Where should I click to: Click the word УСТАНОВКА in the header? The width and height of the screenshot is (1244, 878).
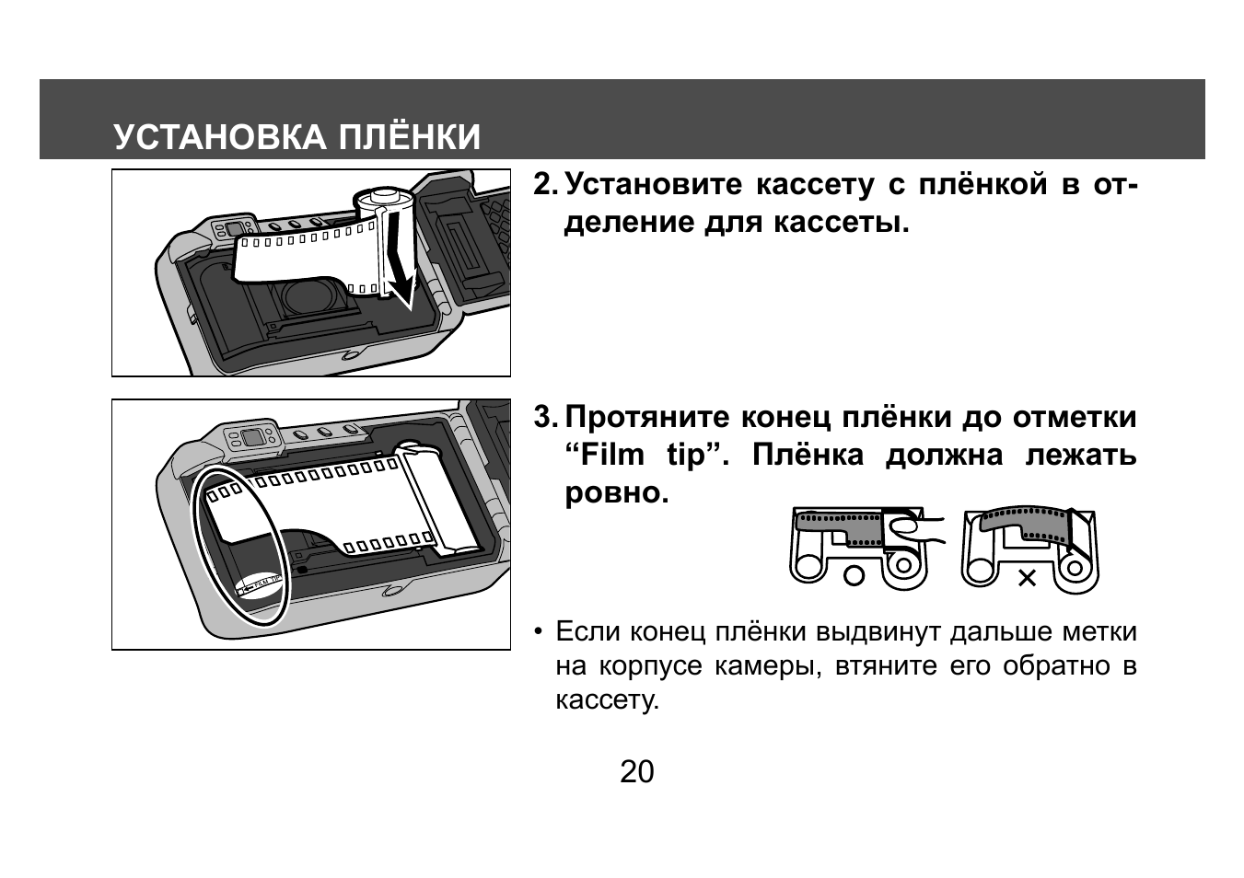[x=220, y=137]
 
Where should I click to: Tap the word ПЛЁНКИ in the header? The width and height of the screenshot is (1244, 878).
[x=409, y=137]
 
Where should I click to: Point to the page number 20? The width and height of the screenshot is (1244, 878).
[x=636, y=772]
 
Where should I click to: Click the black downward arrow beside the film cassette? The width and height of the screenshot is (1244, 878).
[x=398, y=258]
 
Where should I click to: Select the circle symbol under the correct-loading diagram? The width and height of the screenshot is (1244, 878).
[x=854, y=577]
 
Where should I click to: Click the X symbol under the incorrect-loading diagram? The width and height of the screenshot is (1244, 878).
[x=1027, y=578]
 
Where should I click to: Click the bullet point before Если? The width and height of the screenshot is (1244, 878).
[x=537, y=633]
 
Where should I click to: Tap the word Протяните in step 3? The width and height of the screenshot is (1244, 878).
[x=647, y=418]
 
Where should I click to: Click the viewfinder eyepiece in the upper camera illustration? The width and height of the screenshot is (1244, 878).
[x=234, y=229]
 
